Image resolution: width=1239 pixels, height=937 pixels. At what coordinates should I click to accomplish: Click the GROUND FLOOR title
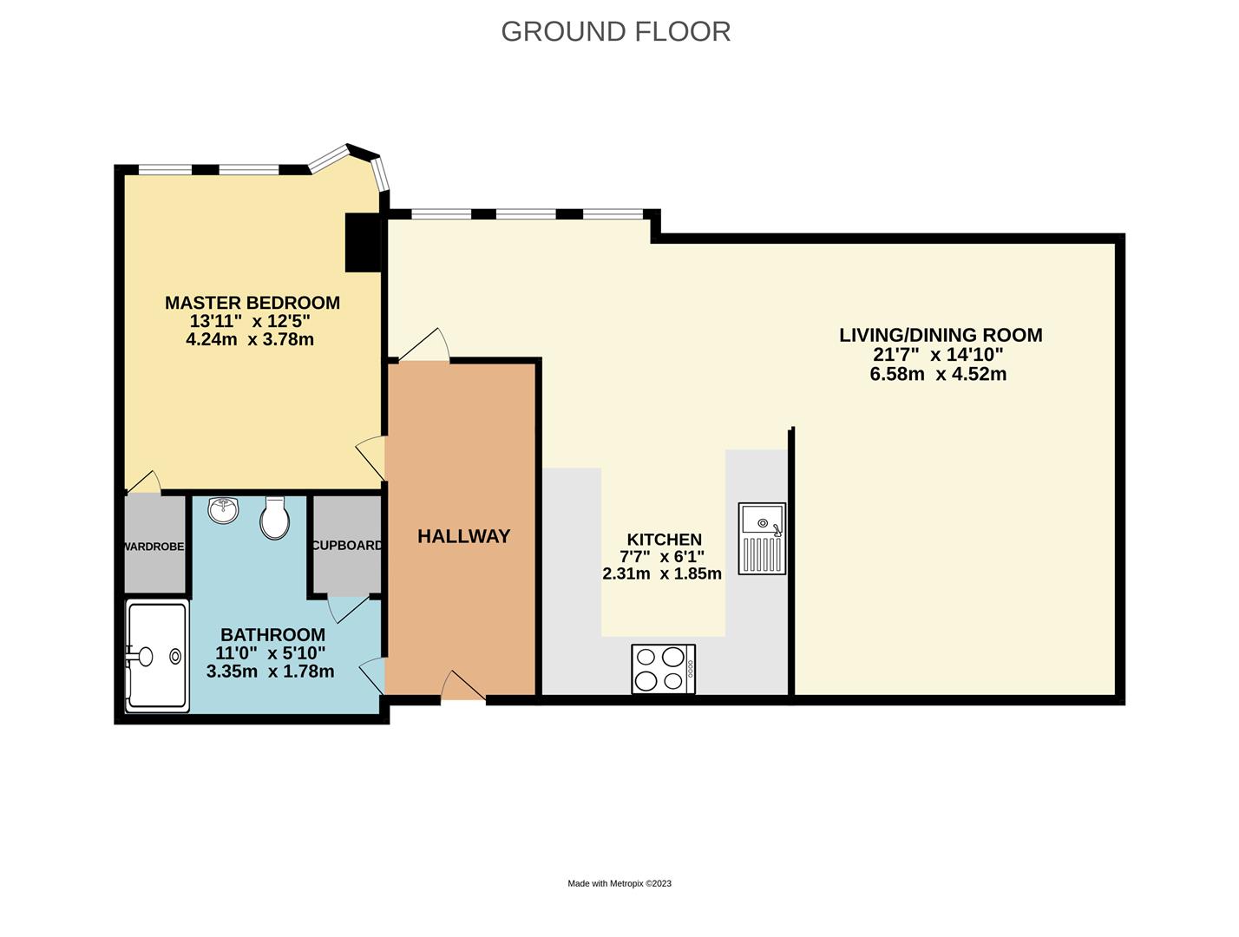[616, 31]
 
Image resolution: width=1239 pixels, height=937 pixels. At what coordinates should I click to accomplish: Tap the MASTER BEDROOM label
[252, 303]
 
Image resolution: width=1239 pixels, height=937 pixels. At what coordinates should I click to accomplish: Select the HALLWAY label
[464, 535]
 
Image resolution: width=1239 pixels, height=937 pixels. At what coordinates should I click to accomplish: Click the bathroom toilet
[275, 518]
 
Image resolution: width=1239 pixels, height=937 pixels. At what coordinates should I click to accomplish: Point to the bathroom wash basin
[224, 509]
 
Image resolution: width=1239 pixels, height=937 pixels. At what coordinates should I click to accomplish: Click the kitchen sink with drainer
[762, 539]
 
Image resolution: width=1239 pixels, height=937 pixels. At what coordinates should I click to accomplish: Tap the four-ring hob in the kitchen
[663, 669]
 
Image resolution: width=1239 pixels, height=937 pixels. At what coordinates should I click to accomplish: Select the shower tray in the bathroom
[157, 657]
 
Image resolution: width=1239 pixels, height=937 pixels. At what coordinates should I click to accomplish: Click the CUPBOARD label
[346, 545]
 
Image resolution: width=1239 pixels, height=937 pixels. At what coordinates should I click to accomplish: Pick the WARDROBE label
[154, 547]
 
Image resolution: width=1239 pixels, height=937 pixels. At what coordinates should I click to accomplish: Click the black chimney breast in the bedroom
[363, 243]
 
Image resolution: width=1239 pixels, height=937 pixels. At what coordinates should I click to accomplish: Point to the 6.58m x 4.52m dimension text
[938, 374]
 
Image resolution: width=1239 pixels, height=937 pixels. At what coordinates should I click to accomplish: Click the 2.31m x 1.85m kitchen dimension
[662, 573]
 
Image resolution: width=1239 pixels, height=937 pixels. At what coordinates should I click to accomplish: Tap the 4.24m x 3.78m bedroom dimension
[250, 339]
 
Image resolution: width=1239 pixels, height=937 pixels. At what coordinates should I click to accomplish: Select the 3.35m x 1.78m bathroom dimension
[271, 672]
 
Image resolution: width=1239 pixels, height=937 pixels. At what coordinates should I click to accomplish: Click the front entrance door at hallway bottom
[462, 685]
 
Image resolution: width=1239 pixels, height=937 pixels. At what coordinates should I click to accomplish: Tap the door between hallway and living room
[424, 344]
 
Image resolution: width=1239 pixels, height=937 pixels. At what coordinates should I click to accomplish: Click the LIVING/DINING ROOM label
[941, 335]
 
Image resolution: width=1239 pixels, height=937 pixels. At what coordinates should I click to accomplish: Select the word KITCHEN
[665, 539]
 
